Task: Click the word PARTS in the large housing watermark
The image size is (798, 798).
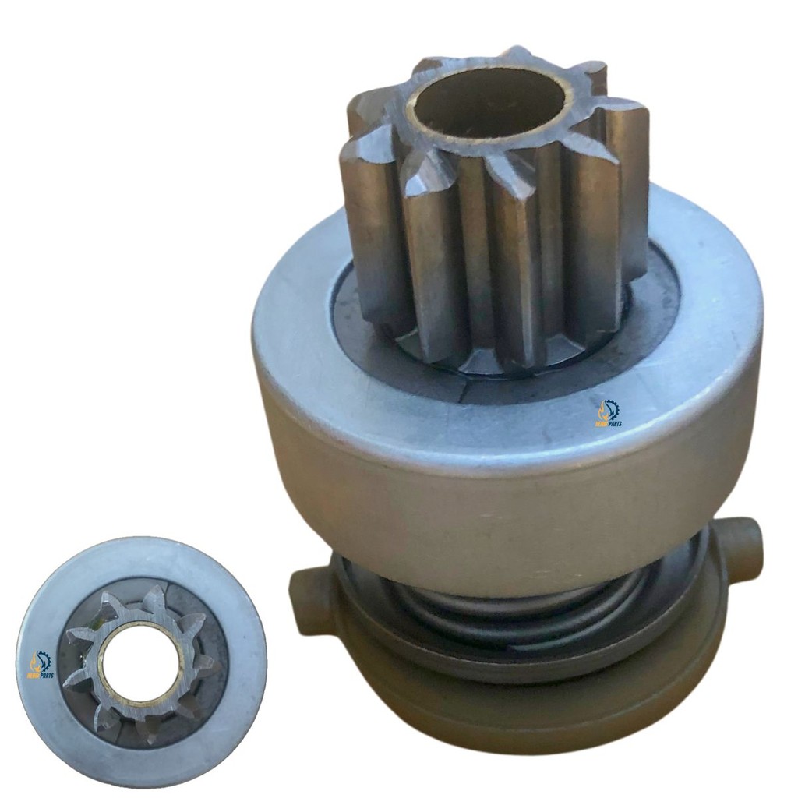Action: (613, 424)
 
